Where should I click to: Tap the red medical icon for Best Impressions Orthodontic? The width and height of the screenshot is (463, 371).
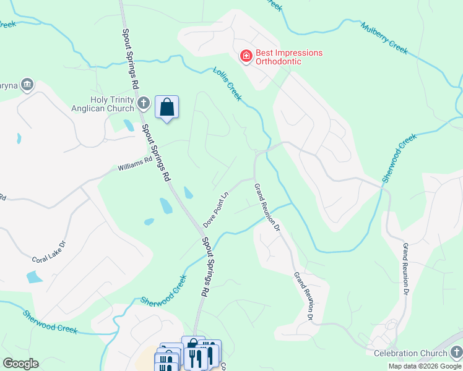click(245, 56)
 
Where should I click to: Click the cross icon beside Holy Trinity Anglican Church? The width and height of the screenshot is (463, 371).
click(143, 103)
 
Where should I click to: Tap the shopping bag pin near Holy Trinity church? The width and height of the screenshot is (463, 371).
click(167, 108)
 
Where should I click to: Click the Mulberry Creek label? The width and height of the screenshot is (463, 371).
click(384, 38)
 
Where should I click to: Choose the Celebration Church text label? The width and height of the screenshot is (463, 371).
click(410, 352)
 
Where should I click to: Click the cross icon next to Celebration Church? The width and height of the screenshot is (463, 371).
click(456, 352)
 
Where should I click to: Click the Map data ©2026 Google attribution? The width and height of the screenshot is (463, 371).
click(425, 366)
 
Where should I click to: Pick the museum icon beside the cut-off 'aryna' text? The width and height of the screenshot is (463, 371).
click(27, 85)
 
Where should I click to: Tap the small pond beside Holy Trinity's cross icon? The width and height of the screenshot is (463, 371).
click(129, 125)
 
